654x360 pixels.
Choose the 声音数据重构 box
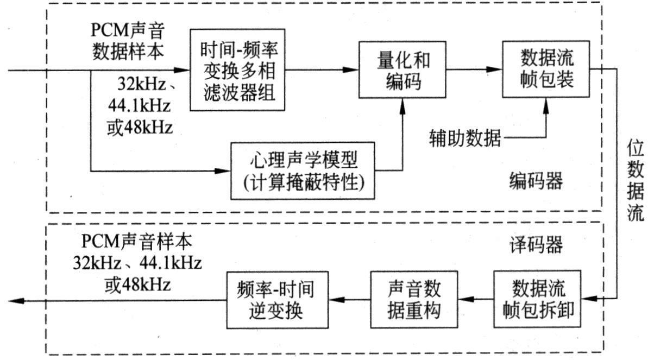click(414, 300)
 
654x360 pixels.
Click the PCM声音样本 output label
click(137, 241)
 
